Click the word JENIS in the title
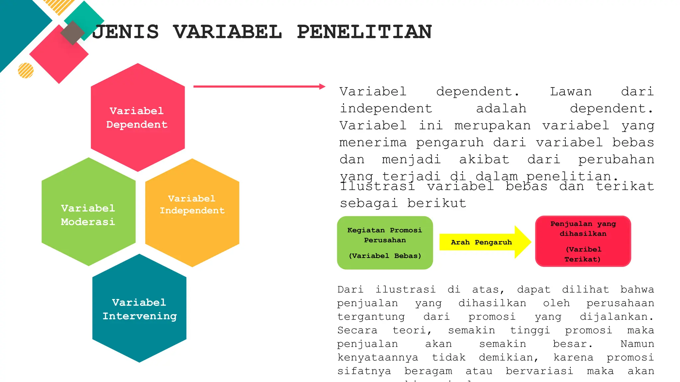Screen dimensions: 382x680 pos(126,32)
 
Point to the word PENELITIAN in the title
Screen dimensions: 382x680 pos(364,32)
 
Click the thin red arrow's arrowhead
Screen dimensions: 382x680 pos(322,87)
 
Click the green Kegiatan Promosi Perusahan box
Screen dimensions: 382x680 pos(385,243)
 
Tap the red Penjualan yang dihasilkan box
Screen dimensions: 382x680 pos(583,241)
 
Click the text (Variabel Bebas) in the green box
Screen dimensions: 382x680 pos(385,256)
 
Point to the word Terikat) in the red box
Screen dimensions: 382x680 pos(583,259)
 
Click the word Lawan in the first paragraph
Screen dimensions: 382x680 pos(570,92)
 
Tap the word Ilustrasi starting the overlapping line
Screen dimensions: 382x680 pos(377,186)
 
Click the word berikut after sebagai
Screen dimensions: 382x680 pos(437,203)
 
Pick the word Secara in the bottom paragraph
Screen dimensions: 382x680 pos(357,330)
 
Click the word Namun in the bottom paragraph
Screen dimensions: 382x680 pos(637,344)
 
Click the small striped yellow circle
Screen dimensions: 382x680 pos(26,70)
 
